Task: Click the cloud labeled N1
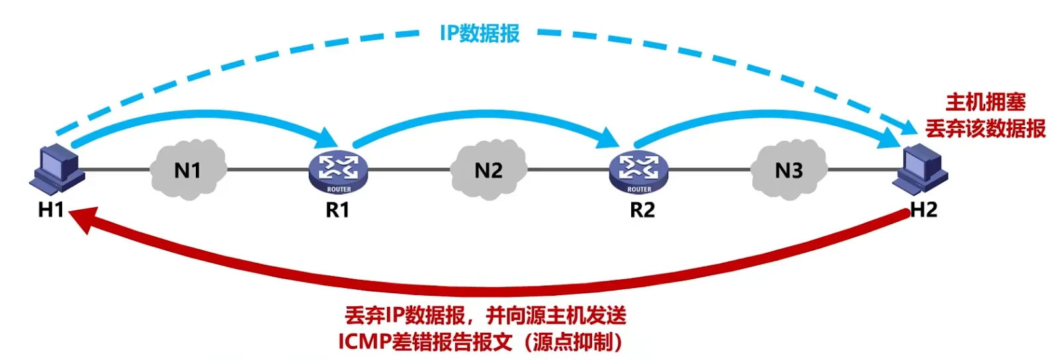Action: [x=188, y=169]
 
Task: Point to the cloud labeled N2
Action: [x=488, y=169]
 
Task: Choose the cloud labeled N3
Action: [x=789, y=169]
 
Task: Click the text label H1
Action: [x=51, y=210]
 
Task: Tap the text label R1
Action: [x=337, y=210]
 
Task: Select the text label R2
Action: [x=642, y=210]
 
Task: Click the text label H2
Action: [x=924, y=210]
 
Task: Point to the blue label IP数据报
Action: [x=480, y=33]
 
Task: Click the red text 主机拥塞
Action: [x=985, y=102]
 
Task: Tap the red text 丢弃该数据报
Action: [x=985, y=128]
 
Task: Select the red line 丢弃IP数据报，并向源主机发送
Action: [x=485, y=316]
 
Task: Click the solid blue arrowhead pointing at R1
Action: [x=326, y=140]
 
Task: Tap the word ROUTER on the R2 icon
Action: [x=638, y=189]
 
